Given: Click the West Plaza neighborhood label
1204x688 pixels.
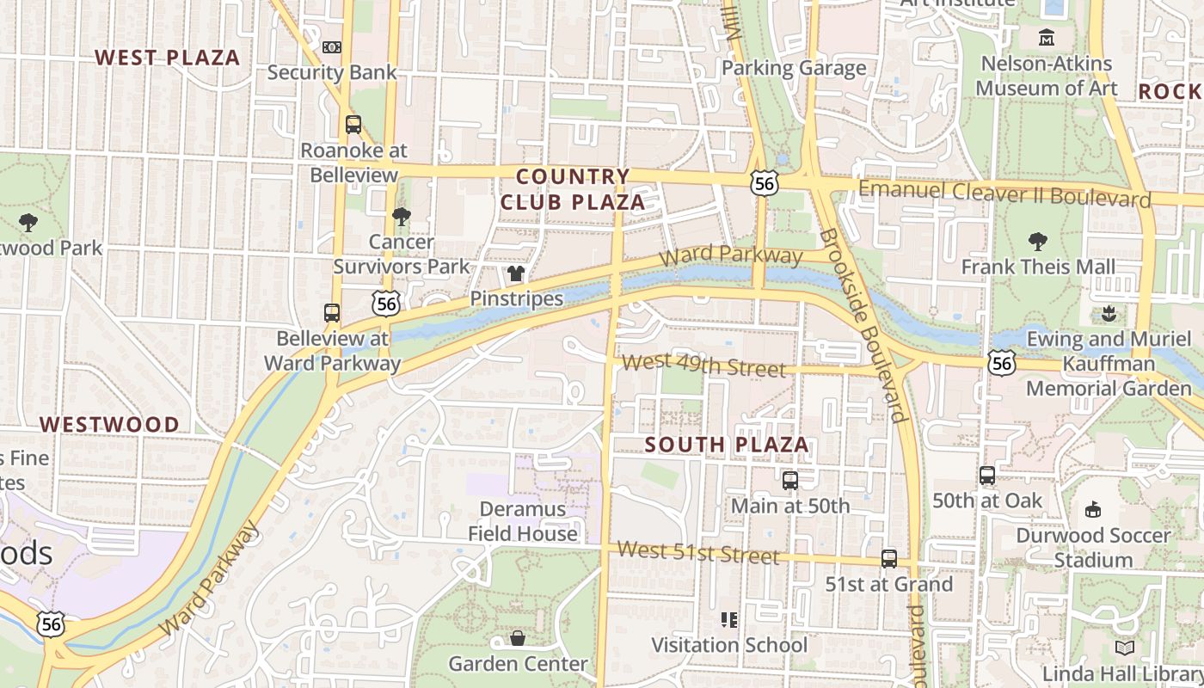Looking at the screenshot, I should pyautogui.click(x=167, y=58).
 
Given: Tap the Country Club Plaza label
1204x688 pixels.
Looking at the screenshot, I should pyautogui.click(x=573, y=189).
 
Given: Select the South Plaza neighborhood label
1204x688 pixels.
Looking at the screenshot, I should pyautogui.click(x=727, y=445).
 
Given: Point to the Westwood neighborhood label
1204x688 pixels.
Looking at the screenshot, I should pyautogui.click(x=109, y=424).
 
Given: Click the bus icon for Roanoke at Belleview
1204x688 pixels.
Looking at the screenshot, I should pyautogui.click(x=353, y=125).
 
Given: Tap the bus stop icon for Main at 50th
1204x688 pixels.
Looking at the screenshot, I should pyautogui.click(x=789, y=481).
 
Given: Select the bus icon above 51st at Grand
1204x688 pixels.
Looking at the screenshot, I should pyautogui.click(x=888, y=559).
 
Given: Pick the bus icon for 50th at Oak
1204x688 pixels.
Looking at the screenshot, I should pyautogui.click(x=986, y=476).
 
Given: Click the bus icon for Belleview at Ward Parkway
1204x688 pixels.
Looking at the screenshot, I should pyautogui.click(x=332, y=313).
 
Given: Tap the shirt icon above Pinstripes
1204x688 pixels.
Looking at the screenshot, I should pyautogui.click(x=516, y=273).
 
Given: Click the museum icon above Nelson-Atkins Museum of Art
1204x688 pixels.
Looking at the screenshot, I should pyautogui.click(x=1046, y=38).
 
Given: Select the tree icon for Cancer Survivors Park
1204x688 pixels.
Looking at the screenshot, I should pyautogui.click(x=401, y=217).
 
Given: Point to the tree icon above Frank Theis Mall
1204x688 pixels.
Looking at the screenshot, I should pyautogui.click(x=1038, y=242).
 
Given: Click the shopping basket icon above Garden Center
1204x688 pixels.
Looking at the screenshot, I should pyautogui.click(x=518, y=638).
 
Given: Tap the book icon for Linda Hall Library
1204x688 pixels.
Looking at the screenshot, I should pyautogui.click(x=1124, y=648).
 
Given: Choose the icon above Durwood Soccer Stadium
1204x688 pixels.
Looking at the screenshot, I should pyautogui.click(x=1092, y=510).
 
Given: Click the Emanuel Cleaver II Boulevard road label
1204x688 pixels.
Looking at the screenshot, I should pyautogui.click(x=1004, y=193).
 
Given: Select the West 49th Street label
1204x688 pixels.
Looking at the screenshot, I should pyautogui.click(x=703, y=365).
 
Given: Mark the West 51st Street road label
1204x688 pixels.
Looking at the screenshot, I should pyautogui.click(x=697, y=552).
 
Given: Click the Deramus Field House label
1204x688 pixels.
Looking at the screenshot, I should pyautogui.click(x=523, y=521).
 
